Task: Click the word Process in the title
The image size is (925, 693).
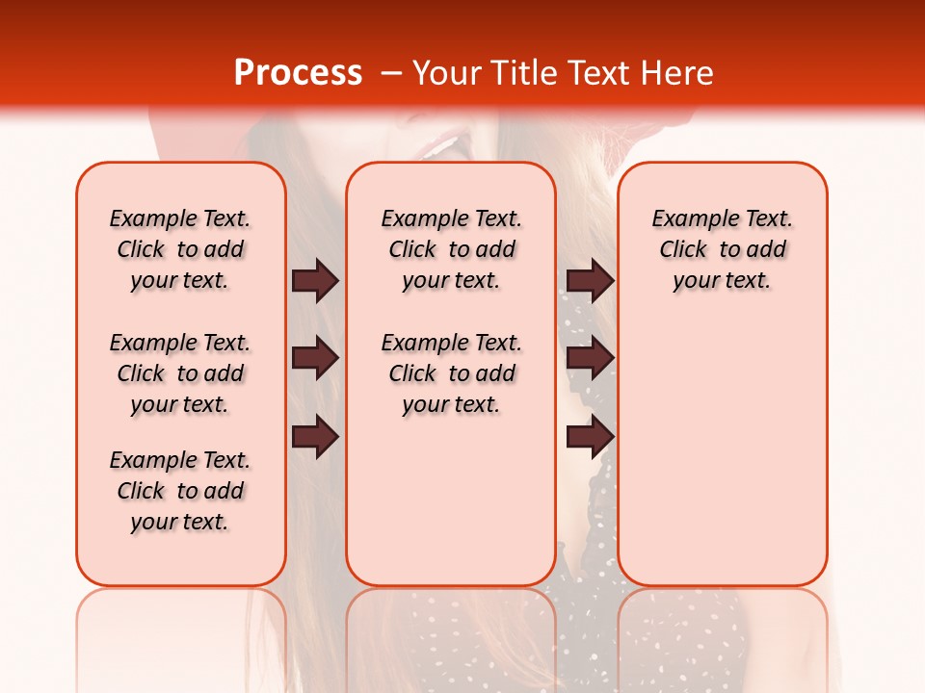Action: (298, 73)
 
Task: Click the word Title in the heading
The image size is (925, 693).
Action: (522, 73)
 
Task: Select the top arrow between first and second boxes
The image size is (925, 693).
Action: (315, 280)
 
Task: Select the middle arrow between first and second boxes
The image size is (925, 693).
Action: (315, 359)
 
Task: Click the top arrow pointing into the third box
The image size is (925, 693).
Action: (590, 280)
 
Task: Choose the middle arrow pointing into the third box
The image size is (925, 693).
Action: (590, 359)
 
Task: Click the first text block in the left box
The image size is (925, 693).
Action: (180, 249)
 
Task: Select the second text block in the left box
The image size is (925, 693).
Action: (180, 373)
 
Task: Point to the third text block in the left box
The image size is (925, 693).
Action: (180, 491)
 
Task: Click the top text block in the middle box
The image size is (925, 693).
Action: (451, 249)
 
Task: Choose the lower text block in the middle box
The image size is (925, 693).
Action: (451, 373)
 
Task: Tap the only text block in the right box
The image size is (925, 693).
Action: (722, 249)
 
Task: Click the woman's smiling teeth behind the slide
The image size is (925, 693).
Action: (442, 147)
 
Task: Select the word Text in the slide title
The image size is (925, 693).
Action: (596, 73)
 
